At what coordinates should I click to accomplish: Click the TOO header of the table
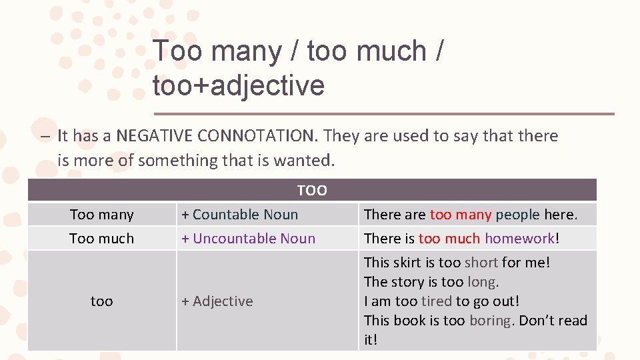tap(312, 191)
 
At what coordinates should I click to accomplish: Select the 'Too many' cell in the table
tap(101, 215)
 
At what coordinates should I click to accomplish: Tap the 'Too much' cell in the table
tap(101, 239)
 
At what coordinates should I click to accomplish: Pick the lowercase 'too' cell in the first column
tap(101, 301)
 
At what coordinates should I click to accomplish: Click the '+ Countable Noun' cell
tap(240, 215)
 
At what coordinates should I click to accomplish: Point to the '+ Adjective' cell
tap(217, 301)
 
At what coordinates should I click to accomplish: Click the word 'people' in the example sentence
tap(517, 215)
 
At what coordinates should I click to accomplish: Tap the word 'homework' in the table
tap(519, 239)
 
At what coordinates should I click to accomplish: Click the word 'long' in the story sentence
tap(483, 282)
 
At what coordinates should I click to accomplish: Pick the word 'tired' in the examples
tap(436, 301)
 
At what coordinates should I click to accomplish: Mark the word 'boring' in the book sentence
tap(491, 321)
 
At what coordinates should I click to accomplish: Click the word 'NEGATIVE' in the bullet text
tap(156, 136)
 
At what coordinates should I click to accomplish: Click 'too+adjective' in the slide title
tap(239, 86)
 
